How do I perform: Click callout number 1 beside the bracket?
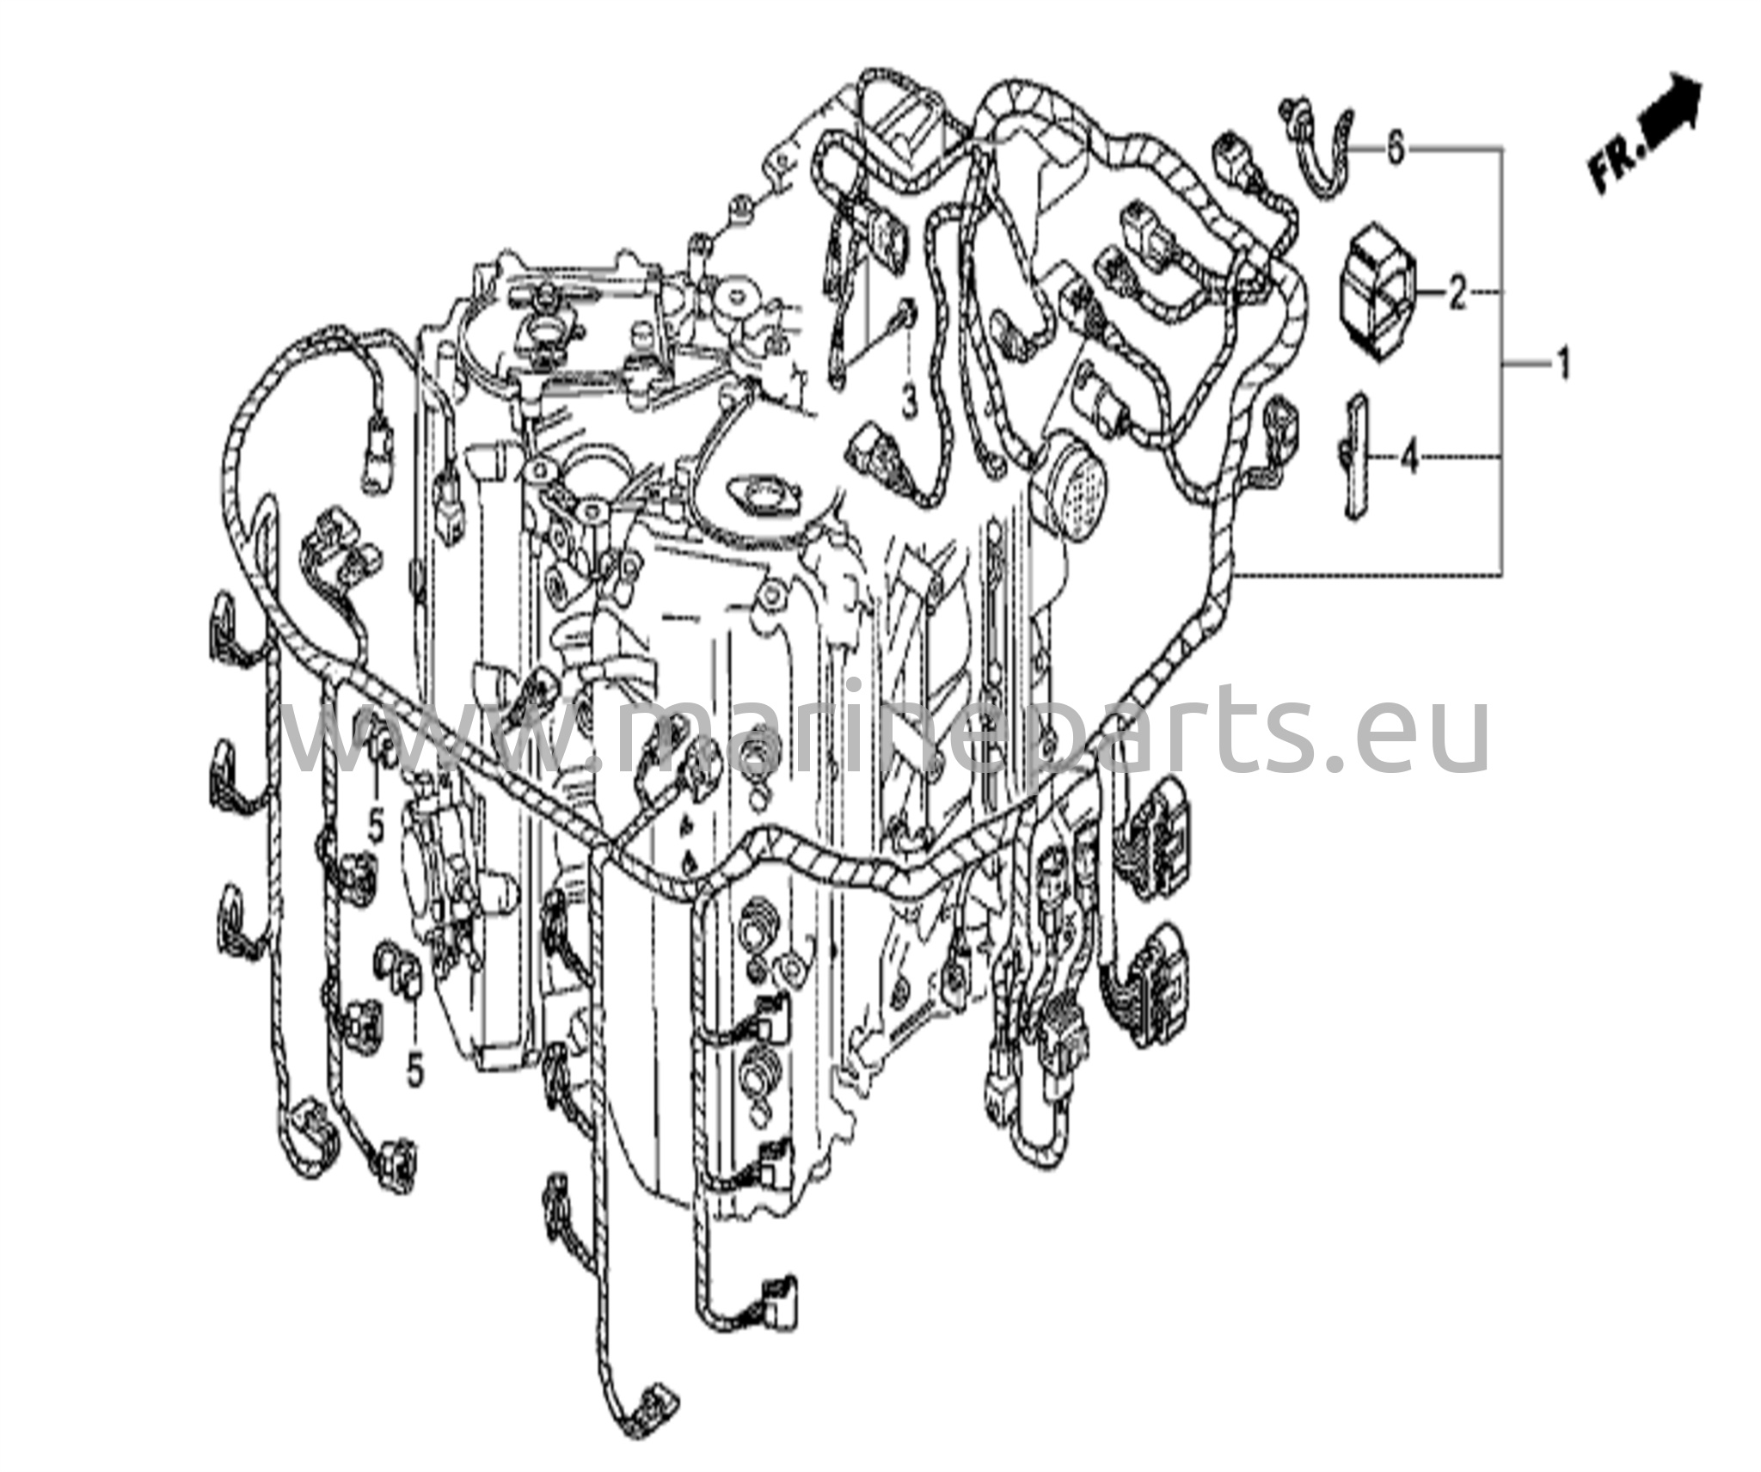1562,365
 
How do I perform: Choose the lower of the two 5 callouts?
414,1071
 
